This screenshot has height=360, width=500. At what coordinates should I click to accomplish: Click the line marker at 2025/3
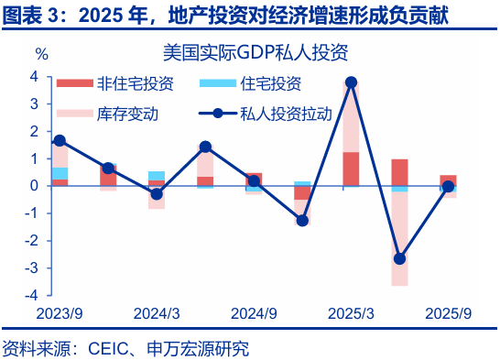351,82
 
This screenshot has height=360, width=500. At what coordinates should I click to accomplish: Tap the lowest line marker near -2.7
399,259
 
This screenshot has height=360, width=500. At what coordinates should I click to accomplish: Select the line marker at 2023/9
60,140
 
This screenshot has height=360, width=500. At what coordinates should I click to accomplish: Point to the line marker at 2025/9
448,187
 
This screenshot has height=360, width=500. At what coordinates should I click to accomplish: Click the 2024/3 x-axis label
157,314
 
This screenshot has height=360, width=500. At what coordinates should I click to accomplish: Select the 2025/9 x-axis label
448,314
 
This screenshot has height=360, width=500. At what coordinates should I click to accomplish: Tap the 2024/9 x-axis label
254,314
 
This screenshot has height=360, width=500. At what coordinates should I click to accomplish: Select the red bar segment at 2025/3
351,168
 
